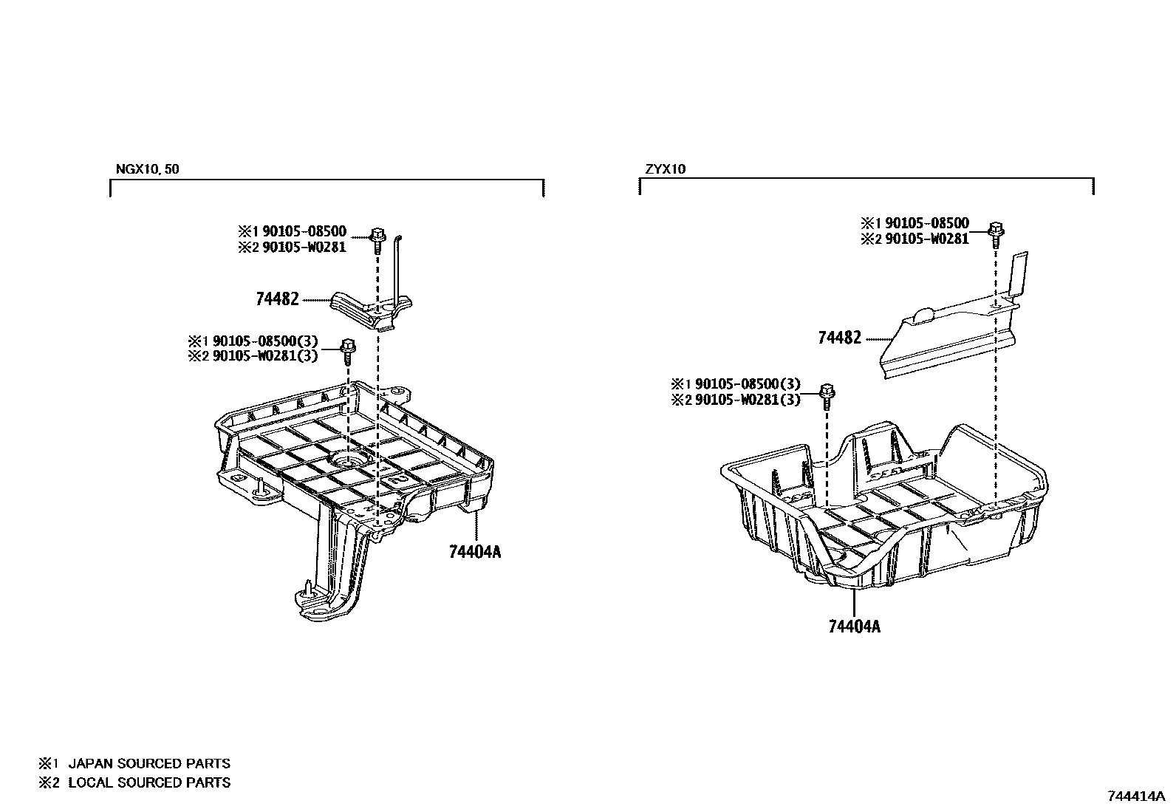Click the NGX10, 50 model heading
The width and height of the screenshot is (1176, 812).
(147, 169)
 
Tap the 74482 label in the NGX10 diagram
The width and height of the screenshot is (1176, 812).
(277, 299)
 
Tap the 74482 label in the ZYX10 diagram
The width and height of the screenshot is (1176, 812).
(839, 338)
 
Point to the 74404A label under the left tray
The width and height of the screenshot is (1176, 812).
(474, 551)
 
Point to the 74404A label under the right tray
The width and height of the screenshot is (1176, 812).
(855, 627)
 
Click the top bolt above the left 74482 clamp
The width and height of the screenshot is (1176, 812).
(377, 237)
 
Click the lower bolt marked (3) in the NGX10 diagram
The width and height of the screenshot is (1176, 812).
(348, 347)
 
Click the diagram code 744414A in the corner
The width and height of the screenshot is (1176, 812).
(1136, 796)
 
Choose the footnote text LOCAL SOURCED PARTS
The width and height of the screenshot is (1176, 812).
(149, 782)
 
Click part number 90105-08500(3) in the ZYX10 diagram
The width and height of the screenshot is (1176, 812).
(745, 384)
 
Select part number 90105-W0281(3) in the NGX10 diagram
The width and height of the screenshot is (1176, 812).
(265, 355)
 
